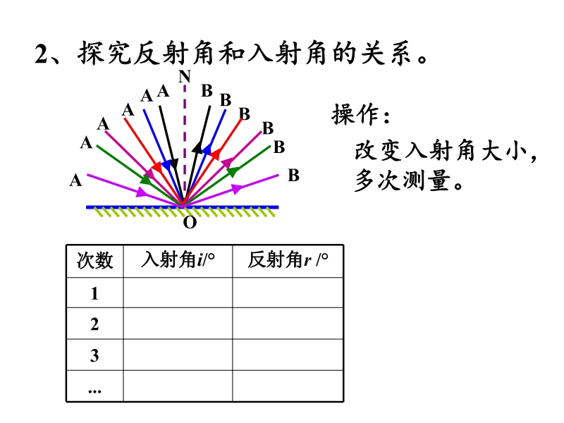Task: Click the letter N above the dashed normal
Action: tap(185, 76)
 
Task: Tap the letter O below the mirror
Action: tap(190, 223)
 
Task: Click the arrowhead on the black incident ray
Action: tap(173, 164)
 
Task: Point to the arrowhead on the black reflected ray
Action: tap(197, 147)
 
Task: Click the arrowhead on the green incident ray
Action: tap(146, 180)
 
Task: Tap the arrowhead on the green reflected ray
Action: tap(233, 171)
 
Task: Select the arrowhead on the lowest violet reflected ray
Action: tap(236, 188)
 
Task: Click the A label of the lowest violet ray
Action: tap(75, 180)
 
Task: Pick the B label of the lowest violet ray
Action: tap(293, 176)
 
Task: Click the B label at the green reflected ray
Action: tap(279, 147)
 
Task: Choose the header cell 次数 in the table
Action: tap(95, 260)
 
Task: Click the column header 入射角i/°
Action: tap(178, 259)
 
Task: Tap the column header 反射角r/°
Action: tap(288, 259)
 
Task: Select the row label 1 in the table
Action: tap(94, 293)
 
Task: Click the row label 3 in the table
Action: tap(94, 355)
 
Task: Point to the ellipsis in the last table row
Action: tap(94, 391)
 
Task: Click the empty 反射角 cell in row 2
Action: tap(288, 324)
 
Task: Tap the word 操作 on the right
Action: tap(355, 114)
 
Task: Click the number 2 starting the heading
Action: tap(41, 54)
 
